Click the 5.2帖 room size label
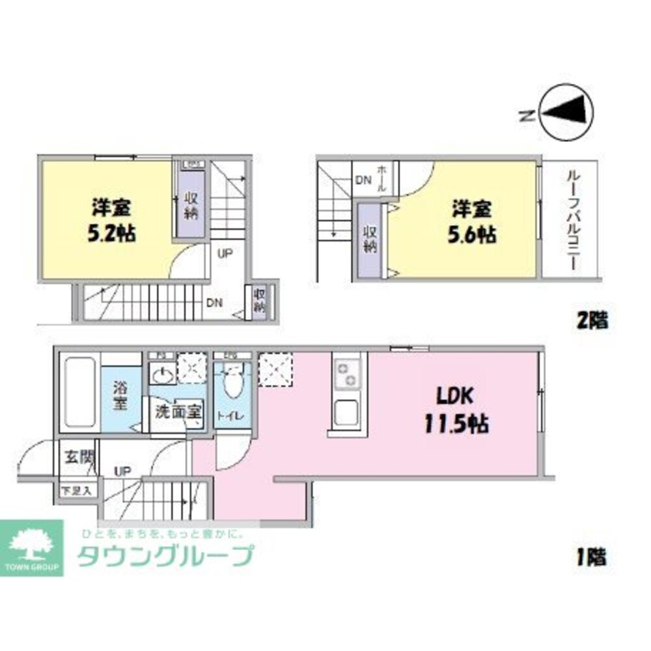(113, 233)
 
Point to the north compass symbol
(566, 115)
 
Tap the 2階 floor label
(592, 320)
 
